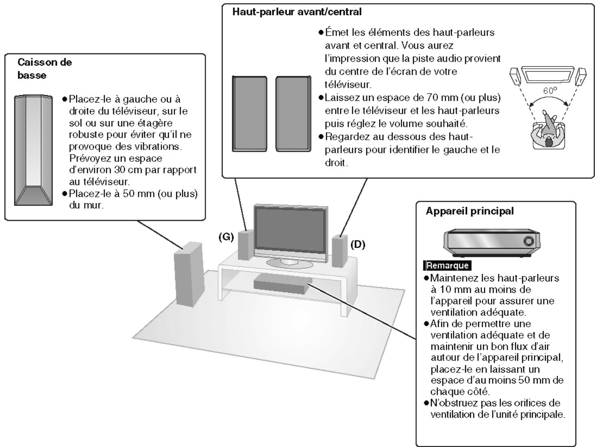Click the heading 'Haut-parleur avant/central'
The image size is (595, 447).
pos(297,12)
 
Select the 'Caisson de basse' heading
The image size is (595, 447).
pos(44,69)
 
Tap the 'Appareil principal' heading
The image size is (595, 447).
pos(469,211)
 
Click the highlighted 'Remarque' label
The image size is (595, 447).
pos(447,266)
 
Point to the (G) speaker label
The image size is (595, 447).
pos(226,238)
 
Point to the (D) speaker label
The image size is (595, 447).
pos(358,244)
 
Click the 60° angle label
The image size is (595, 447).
pos(549,91)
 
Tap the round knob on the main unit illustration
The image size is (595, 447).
pos(529,241)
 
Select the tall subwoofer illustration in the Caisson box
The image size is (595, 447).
pos(33,150)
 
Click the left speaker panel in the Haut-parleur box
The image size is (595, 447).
pos(249,113)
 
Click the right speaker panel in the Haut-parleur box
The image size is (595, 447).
pos(293,113)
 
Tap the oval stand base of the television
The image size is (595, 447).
pos(289,263)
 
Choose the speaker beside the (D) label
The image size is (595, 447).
pos(339,251)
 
